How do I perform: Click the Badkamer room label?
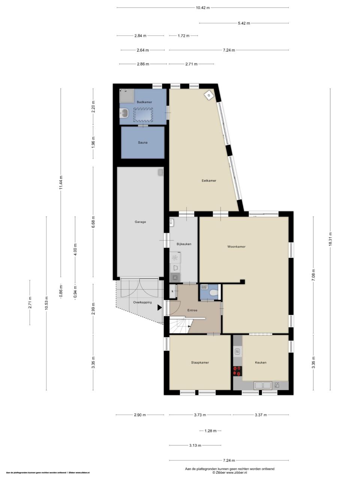tap(144, 102)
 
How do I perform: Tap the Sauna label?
tap(142, 142)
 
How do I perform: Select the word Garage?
tap(140, 222)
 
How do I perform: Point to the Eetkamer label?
tap(209, 181)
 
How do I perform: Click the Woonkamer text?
tap(236, 246)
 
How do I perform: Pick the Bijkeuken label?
tap(184, 244)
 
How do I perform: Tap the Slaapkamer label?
tap(200, 362)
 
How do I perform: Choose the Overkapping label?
tap(142, 302)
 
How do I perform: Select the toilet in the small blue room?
tap(213, 292)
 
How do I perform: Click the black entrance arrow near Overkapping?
tap(160, 307)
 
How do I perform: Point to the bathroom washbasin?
tap(124, 113)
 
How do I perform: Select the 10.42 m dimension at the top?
tap(202, 7)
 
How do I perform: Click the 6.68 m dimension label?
tap(93, 222)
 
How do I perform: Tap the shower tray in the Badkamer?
tap(127, 96)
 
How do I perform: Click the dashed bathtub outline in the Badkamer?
tap(143, 115)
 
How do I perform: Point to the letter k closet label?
tap(172, 291)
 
